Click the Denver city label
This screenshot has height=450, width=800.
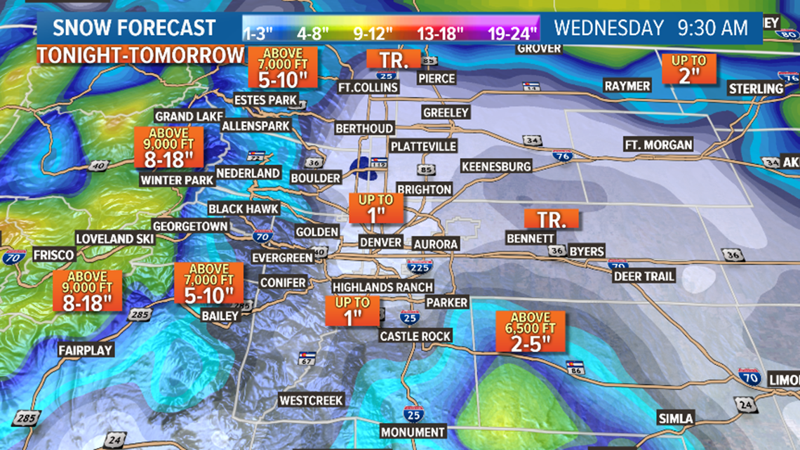[381, 242]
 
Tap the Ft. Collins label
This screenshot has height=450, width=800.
[368, 87]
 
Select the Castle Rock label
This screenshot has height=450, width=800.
[415, 336]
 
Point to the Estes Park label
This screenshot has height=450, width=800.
[266, 100]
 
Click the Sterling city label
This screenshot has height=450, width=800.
[756, 88]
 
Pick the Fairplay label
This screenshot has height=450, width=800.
[86, 350]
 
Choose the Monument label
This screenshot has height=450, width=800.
[413, 432]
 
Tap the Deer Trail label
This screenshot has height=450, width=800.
[644, 276]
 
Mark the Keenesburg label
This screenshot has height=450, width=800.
[496, 166]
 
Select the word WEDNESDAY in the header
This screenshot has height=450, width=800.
[608, 28]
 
